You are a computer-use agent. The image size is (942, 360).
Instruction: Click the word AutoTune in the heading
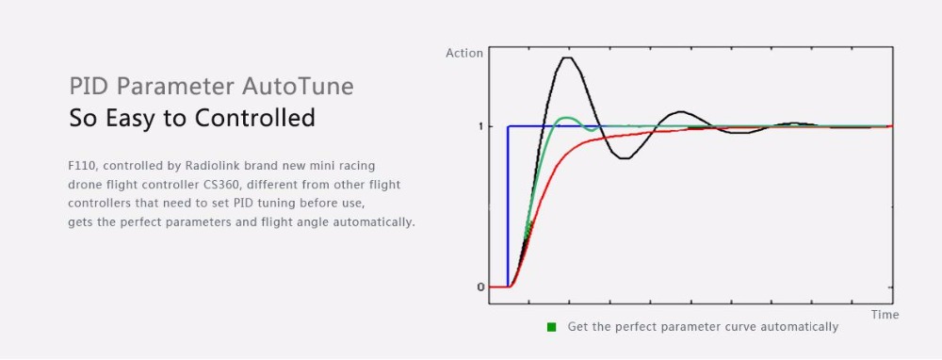coord(298,86)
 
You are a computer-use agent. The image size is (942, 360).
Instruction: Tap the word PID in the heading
coord(90,86)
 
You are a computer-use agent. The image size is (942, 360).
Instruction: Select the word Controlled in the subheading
coord(254,118)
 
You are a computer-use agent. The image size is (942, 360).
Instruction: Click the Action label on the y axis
coord(464,53)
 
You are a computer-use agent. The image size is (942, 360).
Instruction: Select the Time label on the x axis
coord(885,315)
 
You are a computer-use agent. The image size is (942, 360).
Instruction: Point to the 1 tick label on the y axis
coord(480,126)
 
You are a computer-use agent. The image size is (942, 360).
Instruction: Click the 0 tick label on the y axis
coord(480,287)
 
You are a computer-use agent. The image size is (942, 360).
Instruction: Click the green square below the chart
coord(551,328)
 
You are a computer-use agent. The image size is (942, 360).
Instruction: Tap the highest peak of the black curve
coord(567,57)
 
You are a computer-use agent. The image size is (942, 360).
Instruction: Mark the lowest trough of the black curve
coord(625,158)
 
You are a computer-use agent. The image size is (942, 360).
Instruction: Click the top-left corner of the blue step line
coord(509,126)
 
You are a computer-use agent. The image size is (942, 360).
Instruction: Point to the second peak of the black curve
coord(679,112)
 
